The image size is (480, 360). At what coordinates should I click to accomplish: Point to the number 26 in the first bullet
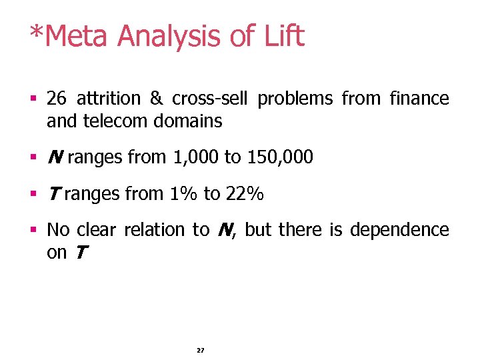(57, 99)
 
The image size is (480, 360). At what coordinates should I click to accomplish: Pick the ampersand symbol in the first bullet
(157, 99)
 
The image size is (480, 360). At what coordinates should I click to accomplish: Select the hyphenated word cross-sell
(209, 99)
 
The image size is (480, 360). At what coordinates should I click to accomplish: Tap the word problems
(295, 99)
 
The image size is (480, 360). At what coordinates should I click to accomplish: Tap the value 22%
(245, 194)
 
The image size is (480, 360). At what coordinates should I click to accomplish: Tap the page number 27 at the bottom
(201, 350)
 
